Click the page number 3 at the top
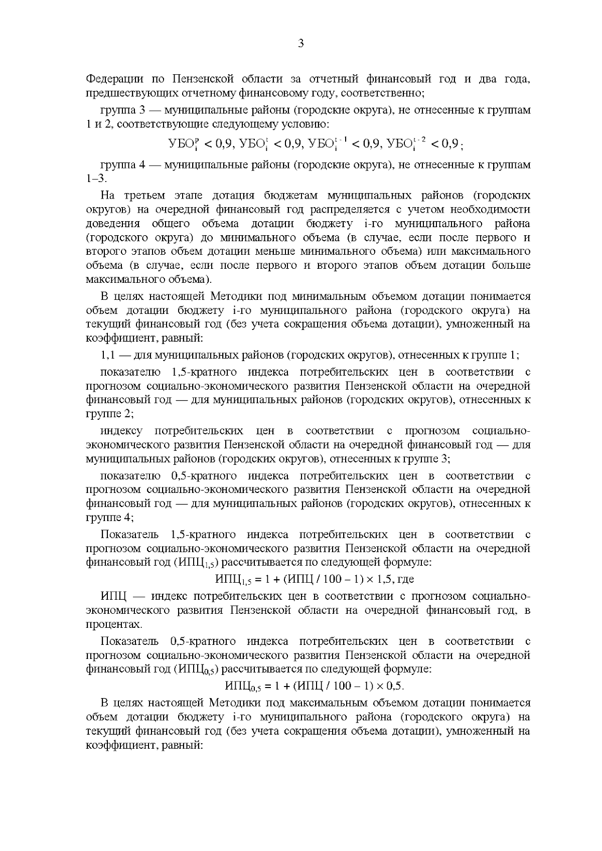(x=300, y=44)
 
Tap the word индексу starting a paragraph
(x=121, y=431)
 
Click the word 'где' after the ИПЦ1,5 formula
(x=405, y=580)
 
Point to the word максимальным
(x=322, y=703)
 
